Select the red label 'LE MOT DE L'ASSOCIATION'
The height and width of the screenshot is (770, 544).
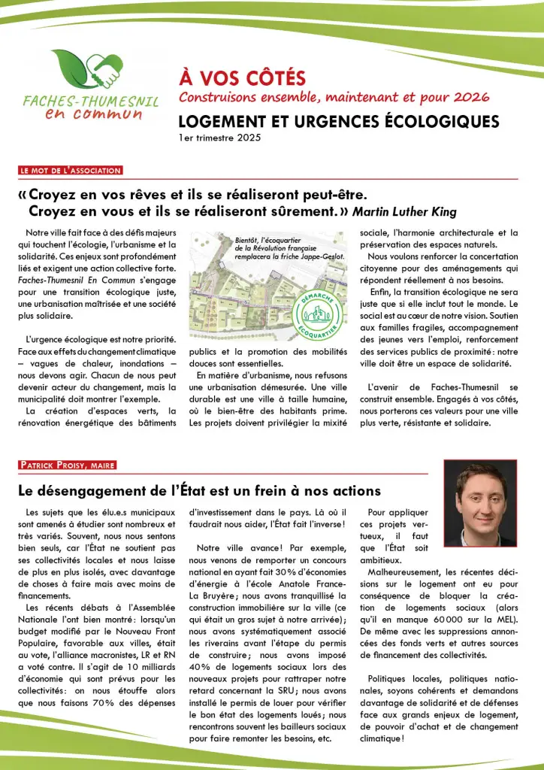point(71,171)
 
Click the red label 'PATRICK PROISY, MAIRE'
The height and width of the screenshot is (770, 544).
point(68,465)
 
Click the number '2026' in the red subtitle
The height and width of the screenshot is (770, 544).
point(471,96)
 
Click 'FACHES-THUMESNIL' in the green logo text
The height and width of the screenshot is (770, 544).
point(89,102)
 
